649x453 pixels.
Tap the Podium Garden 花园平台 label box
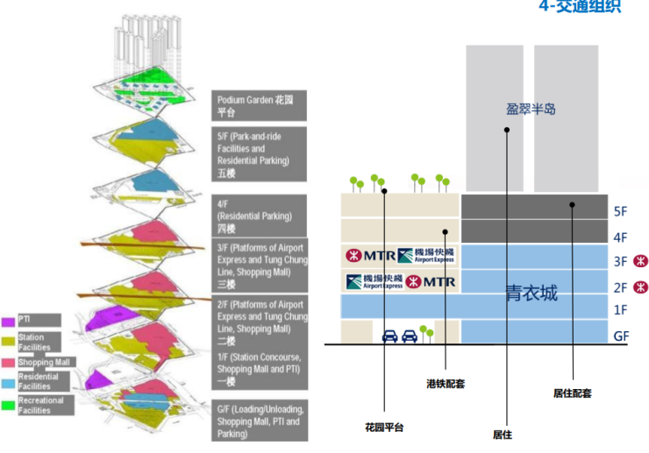(x=259, y=106)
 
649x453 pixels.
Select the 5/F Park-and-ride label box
(x=259, y=154)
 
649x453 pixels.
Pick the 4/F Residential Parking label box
(x=259, y=216)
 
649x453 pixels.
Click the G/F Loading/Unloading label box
(x=259, y=421)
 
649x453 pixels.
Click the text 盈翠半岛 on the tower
(x=531, y=110)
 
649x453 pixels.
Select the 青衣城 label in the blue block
(x=531, y=293)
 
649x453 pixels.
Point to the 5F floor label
(x=621, y=211)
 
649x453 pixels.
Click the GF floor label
(x=621, y=335)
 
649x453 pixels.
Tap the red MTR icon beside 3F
(x=642, y=261)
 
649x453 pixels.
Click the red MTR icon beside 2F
(x=642, y=286)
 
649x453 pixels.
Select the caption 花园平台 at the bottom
(x=383, y=427)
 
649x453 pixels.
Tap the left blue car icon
(x=390, y=335)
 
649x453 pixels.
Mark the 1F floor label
(x=621, y=310)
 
